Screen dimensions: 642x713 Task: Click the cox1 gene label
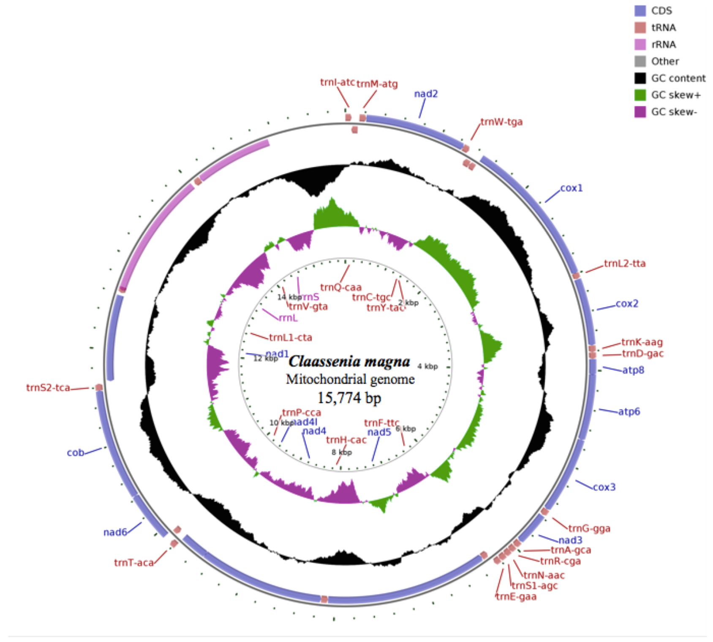click(x=571, y=188)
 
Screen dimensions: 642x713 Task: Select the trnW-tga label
click(x=501, y=122)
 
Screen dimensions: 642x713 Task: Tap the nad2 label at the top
click(x=426, y=94)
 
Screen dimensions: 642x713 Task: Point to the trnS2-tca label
click(x=48, y=387)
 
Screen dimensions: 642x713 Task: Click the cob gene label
click(x=76, y=452)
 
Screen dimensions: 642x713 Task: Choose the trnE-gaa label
click(x=516, y=596)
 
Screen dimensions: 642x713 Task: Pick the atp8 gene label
click(x=633, y=370)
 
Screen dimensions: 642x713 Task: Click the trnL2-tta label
click(x=624, y=263)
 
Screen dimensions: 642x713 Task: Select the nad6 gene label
click(x=115, y=532)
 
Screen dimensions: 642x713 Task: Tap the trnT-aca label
click(x=133, y=563)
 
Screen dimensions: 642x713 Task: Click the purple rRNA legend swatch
click(x=640, y=44)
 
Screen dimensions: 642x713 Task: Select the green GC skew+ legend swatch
click(x=640, y=95)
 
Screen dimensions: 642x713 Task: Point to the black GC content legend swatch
click(x=640, y=78)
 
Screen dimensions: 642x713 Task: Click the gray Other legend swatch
click(x=640, y=61)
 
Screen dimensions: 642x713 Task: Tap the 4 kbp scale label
click(x=427, y=366)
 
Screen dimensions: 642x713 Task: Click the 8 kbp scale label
click(x=341, y=452)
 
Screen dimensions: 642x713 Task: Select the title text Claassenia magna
click(x=349, y=361)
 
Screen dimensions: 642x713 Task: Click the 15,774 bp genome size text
click(x=349, y=398)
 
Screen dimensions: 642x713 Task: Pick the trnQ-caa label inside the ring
click(x=341, y=287)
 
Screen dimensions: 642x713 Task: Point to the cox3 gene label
click(x=604, y=487)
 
